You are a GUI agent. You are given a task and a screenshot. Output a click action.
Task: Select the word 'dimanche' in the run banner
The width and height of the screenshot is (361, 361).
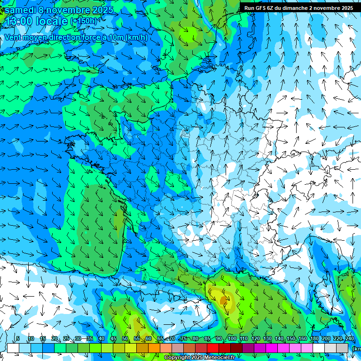pyautogui.click(x=295, y=8)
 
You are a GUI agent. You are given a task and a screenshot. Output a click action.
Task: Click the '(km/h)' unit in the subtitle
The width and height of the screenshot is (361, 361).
pyautogui.click(x=137, y=38)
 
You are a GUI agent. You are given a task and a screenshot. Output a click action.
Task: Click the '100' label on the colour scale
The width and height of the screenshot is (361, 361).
pyautogui.click(x=232, y=338)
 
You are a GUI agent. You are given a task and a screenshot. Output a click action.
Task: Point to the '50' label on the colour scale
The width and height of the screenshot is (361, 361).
pyautogui.click(x=125, y=338)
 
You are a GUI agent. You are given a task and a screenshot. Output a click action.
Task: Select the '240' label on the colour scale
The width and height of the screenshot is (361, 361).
pyautogui.click(x=349, y=338)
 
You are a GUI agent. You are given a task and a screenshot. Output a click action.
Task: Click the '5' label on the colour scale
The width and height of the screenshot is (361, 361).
pyautogui.click(x=18, y=338)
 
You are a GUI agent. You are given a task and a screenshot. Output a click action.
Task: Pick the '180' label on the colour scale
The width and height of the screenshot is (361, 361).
pyautogui.click(x=314, y=338)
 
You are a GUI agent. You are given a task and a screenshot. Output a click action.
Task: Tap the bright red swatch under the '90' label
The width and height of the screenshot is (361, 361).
pyautogui.click(x=213, y=348)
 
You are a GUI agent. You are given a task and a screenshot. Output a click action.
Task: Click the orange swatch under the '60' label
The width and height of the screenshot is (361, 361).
pyautogui.click(x=142, y=348)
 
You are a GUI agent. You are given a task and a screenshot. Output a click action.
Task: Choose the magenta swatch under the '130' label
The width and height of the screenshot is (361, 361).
pyautogui.click(x=260, y=348)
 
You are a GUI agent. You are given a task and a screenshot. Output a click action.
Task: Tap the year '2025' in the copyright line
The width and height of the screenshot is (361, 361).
pyautogui.click(x=198, y=358)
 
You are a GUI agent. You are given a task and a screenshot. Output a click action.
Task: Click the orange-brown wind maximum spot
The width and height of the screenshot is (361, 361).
pyautogui.click(x=223, y=300)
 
